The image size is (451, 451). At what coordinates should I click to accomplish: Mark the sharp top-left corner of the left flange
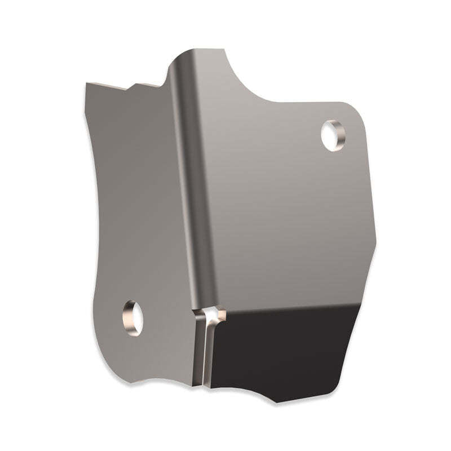pyautogui.click(x=86, y=84)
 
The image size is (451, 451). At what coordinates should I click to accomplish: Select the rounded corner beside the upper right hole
pyautogui.click(x=355, y=113)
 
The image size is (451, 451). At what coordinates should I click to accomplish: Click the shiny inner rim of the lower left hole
pyautogui.click(x=129, y=321)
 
